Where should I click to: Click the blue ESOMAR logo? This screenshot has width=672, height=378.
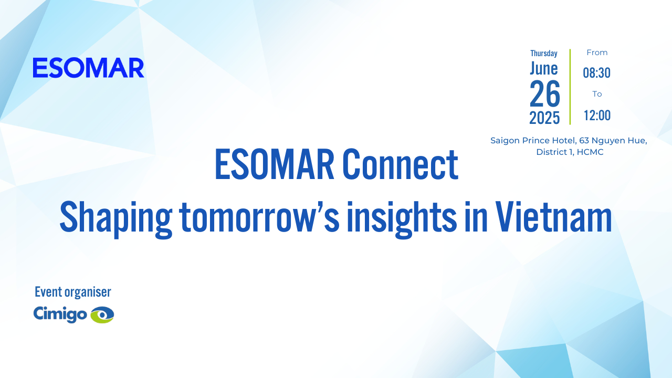(88, 68)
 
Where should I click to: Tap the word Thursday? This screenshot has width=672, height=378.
(544, 53)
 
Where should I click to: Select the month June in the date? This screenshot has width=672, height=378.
(544, 68)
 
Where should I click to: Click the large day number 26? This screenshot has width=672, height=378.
(545, 94)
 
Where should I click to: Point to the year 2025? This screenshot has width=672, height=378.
(544, 118)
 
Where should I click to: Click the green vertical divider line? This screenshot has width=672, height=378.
(570, 87)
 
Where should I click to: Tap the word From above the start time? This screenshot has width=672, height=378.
(597, 52)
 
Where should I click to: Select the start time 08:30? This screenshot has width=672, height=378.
(597, 73)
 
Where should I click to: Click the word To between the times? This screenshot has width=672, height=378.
(597, 94)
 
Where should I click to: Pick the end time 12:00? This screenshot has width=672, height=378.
(597, 115)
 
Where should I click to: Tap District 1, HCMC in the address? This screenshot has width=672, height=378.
(570, 152)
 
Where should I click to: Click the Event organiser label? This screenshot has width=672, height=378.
(73, 292)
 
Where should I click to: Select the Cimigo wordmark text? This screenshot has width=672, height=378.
(60, 314)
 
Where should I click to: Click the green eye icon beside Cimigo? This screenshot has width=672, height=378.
(102, 314)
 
